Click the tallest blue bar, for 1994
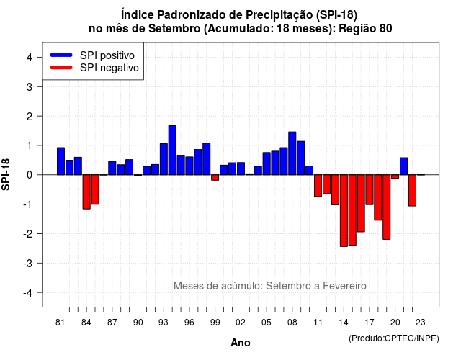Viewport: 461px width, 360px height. (172, 150)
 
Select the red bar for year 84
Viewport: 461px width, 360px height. (86, 192)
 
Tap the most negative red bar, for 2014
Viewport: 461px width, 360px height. (344, 211)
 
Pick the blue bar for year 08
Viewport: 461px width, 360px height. (292, 153)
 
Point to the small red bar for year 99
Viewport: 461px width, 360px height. (215, 178)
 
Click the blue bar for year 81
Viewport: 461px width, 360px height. (61, 161)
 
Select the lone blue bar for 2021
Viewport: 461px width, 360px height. (403, 166)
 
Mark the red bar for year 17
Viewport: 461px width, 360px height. (370, 190)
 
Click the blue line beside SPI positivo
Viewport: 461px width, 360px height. (61, 55)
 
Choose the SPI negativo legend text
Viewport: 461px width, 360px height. (109, 68)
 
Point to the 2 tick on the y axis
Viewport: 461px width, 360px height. (30, 117)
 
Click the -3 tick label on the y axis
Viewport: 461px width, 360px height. (28, 264)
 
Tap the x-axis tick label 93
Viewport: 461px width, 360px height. (164, 323)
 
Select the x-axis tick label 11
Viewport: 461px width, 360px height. (318, 323)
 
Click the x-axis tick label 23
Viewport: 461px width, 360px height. (421, 323)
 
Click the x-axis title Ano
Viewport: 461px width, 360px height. (241, 343)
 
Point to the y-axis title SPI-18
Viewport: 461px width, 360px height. (6, 174)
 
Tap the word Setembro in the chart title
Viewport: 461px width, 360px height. (174, 29)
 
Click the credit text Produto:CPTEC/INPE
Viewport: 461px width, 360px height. (394, 338)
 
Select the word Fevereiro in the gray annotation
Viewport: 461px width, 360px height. (344, 286)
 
